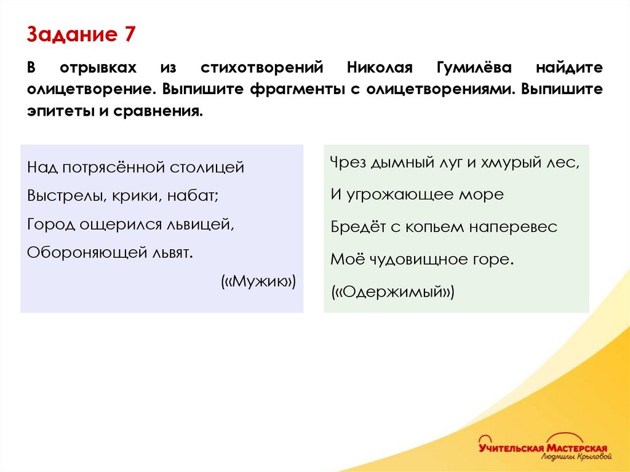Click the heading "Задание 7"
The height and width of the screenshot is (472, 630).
[x=80, y=34]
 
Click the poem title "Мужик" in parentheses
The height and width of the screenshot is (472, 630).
[x=258, y=282]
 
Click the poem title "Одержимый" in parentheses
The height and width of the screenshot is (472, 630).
[x=393, y=292]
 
